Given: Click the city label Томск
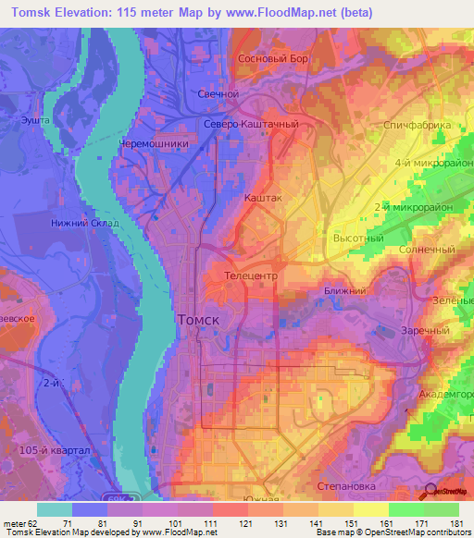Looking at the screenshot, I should click(197, 319).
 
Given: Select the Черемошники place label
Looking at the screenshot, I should click(154, 144).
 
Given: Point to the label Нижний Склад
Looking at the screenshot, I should click(85, 223).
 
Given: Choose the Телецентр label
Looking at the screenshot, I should click(252, 275).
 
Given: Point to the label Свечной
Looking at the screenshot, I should click(219, 94).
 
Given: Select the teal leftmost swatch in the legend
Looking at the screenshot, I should click(55, 510).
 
